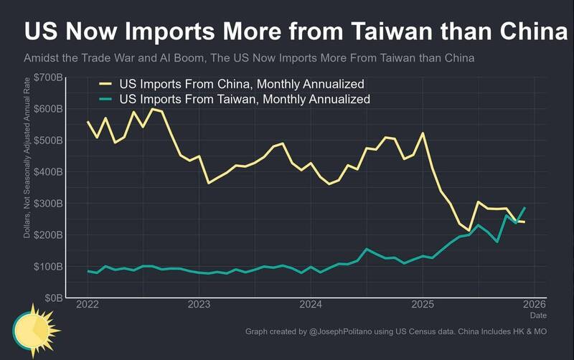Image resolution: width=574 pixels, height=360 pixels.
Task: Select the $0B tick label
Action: click(52, 298)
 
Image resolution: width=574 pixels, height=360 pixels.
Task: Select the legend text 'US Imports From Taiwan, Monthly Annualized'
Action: click(245, 99)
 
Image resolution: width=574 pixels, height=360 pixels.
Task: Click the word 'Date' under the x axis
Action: click(537, 316)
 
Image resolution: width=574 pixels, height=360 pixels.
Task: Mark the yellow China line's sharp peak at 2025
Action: click(423, 133)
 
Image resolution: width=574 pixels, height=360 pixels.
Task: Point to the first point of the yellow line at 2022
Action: click(88, 122)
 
